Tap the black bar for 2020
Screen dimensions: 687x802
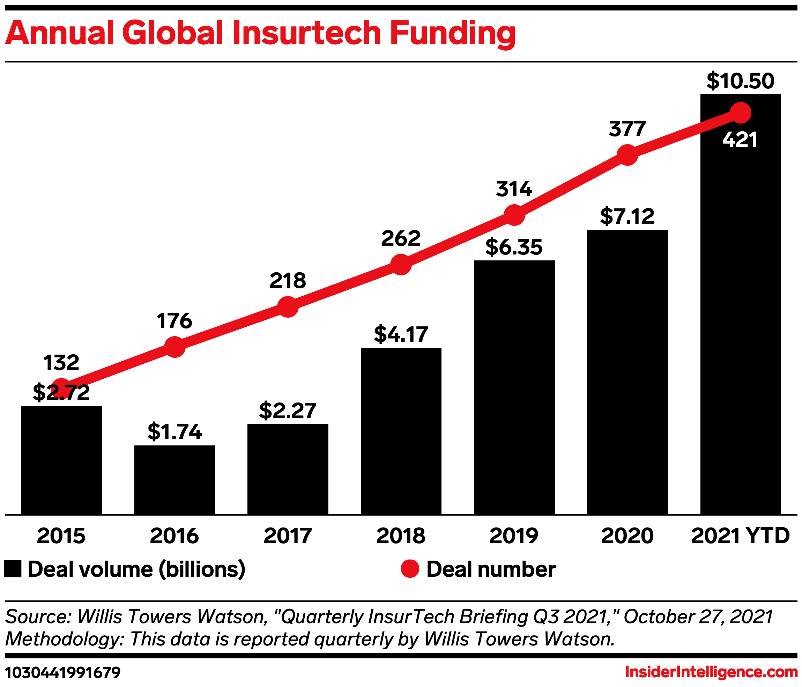coord(627,372)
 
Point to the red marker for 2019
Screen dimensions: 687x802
coord(514,215)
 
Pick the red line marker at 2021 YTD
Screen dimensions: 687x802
coord(741,113)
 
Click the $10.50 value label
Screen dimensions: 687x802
coord(740,81)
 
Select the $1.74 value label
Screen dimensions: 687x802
coord(174,432)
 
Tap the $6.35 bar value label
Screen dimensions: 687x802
coord(514,247)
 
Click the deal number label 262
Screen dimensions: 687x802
coord(401,238)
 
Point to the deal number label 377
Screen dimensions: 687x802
coord(627,129)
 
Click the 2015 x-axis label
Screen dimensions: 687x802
coord(61,536)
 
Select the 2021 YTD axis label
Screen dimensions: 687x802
coord(740,536)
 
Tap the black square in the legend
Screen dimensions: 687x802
coord(13,569)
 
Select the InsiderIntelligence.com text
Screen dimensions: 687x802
coord(711,672)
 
